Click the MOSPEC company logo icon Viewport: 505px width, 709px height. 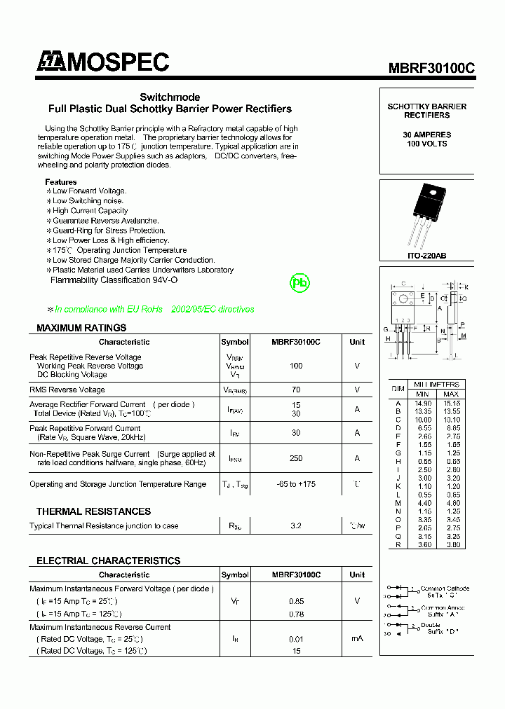click(50, 62)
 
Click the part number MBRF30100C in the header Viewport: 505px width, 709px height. click(431, 68)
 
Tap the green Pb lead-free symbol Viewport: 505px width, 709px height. click(300, 283)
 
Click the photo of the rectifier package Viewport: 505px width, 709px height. click(426, 214)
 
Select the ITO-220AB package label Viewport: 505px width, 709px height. click(426, 256)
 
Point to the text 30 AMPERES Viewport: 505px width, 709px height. click(426, 135)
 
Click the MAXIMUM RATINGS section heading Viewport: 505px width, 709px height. click(81, 328)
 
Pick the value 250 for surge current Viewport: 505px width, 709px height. click(295, 458)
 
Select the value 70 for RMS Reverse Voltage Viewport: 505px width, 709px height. click(295, 390)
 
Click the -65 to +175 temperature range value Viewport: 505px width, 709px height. click(295, 484)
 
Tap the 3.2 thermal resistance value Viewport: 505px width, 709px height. click(295, 525)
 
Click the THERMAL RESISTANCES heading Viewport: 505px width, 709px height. click(93, 511)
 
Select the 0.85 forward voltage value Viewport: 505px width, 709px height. click(295, 601)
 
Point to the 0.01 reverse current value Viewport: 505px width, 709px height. click(295, 639)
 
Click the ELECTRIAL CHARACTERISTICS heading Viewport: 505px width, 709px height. click(108, 560)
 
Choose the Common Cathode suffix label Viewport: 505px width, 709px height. click(444, 591)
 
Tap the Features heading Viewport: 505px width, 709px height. click(61, 182)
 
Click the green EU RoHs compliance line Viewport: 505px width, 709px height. click(154, 309)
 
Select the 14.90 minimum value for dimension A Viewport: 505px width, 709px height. click(423, 403)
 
